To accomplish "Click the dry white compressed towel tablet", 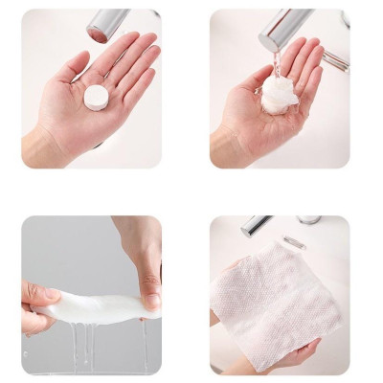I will point(96,97).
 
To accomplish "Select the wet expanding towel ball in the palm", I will point(277,95).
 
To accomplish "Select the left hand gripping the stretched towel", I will point(38,298).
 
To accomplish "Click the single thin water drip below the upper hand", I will point(145,340).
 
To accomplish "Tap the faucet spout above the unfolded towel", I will point(256,225).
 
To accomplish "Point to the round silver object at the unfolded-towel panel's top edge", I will point(308,219).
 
